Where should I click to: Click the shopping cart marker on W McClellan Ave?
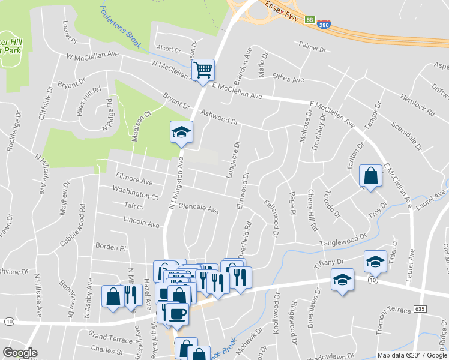tap(203, 70)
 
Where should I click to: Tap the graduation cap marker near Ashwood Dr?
tap(181, 132)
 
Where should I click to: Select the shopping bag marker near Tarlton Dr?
tap(370, 176)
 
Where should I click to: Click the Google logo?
tap(20, 353)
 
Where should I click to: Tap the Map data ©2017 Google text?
tap(411, 355)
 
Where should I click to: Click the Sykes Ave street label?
tap(288, 79)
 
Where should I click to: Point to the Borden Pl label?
tap(111, 247)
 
